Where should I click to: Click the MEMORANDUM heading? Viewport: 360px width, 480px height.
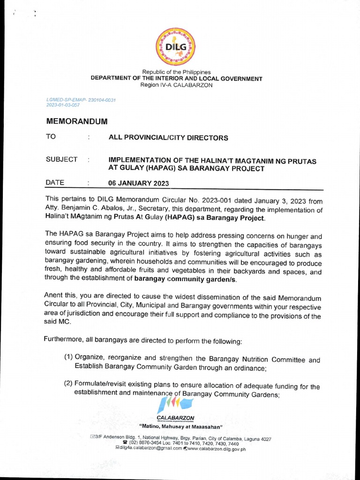point(77,121)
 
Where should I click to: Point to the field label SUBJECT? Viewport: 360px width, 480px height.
point(61,159)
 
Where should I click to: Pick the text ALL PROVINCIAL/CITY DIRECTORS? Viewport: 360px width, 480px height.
point(168,138)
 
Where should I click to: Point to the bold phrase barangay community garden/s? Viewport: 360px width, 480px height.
point(186,279)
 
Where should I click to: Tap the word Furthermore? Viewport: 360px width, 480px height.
point(64,338)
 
